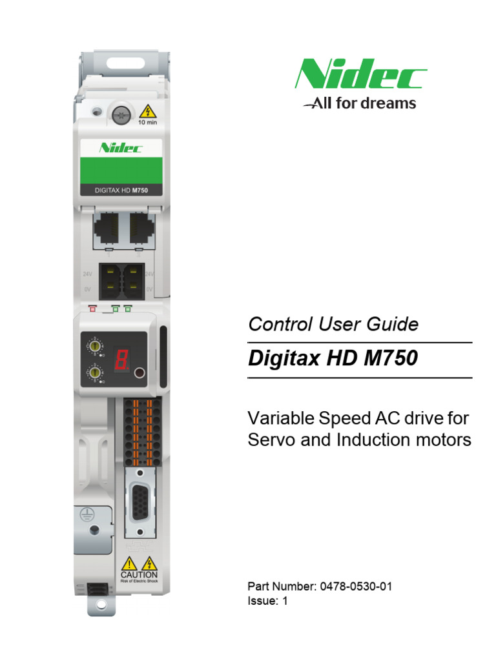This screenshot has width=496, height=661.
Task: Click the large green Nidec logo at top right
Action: click(360, 74)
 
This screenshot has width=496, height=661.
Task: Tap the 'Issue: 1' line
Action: click(267, 601)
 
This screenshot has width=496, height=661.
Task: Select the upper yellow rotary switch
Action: click(96, 347)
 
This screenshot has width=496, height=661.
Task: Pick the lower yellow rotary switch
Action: click(96, 373)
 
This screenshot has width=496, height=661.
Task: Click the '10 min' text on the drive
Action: click(147, 122)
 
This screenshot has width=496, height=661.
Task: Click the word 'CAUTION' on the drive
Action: click(139, 575)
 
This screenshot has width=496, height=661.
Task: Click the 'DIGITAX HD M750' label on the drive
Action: click(121, 190)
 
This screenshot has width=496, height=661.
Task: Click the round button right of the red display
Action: click(138, 372)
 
